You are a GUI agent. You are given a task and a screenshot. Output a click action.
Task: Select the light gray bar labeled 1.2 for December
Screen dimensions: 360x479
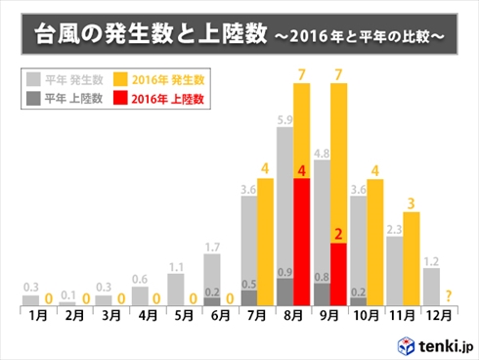[431, 286]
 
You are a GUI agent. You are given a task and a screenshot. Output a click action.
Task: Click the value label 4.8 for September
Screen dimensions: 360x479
[322, 153]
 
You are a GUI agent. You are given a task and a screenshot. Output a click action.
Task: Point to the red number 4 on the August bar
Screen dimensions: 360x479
[302, 172]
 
